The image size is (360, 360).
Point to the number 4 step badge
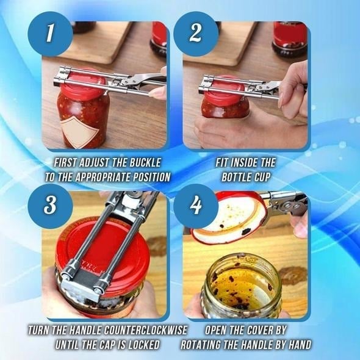[195, 206]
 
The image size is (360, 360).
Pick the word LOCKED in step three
[139, 345]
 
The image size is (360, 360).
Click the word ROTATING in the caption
[206, 345]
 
